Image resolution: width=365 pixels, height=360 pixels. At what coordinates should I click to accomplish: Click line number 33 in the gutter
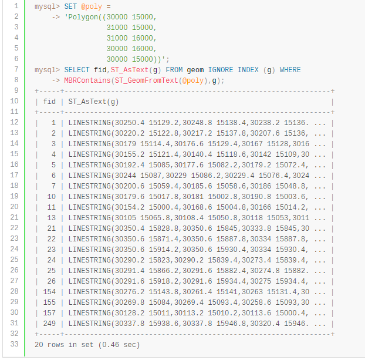tap(15, 344)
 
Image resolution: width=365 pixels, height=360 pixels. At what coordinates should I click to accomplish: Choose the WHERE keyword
tap(290, 70)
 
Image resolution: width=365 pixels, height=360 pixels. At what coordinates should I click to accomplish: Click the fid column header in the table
tap(50, 102)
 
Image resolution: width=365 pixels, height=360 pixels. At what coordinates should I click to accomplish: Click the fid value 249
tap(49, 323)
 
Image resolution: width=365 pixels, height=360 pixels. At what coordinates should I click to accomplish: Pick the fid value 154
tap(49, 291)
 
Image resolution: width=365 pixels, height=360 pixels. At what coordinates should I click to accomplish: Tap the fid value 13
tap(52, 217)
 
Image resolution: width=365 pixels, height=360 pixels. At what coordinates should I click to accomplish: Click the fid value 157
tap(49, 312)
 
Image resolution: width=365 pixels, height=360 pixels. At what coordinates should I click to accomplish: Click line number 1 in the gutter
tap(17, 6)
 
